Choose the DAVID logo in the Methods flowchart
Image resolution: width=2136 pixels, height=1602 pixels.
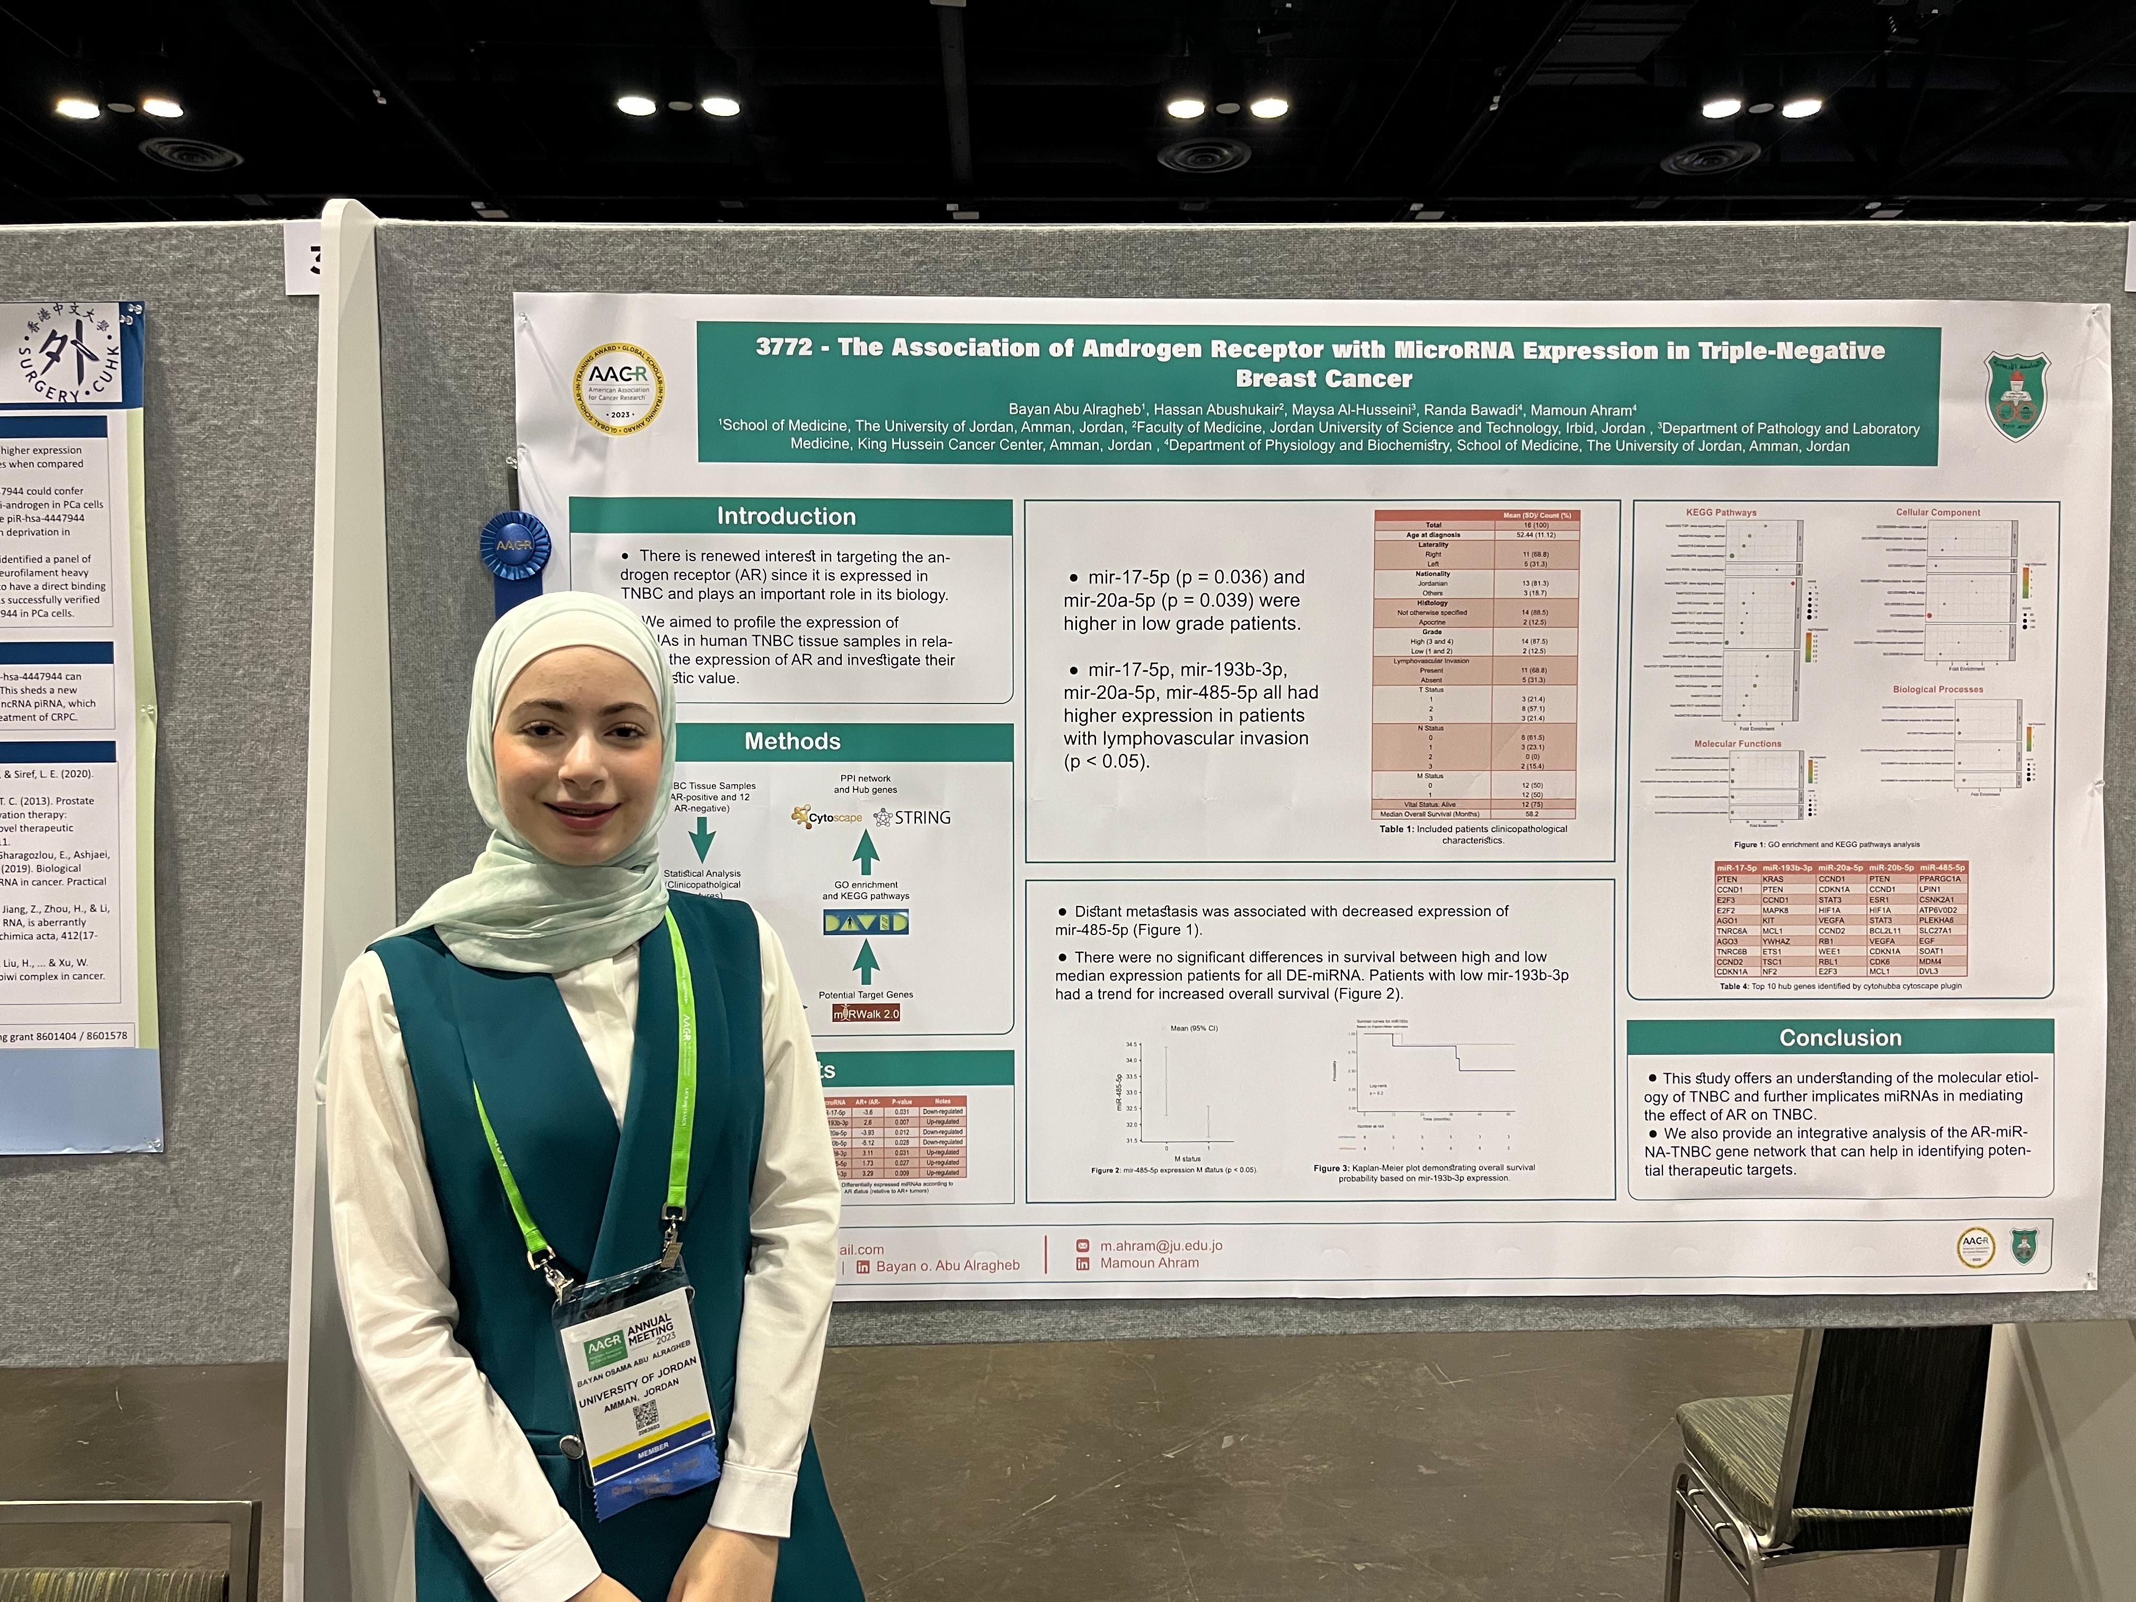865,923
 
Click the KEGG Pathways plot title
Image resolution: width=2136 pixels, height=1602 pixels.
1721,513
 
